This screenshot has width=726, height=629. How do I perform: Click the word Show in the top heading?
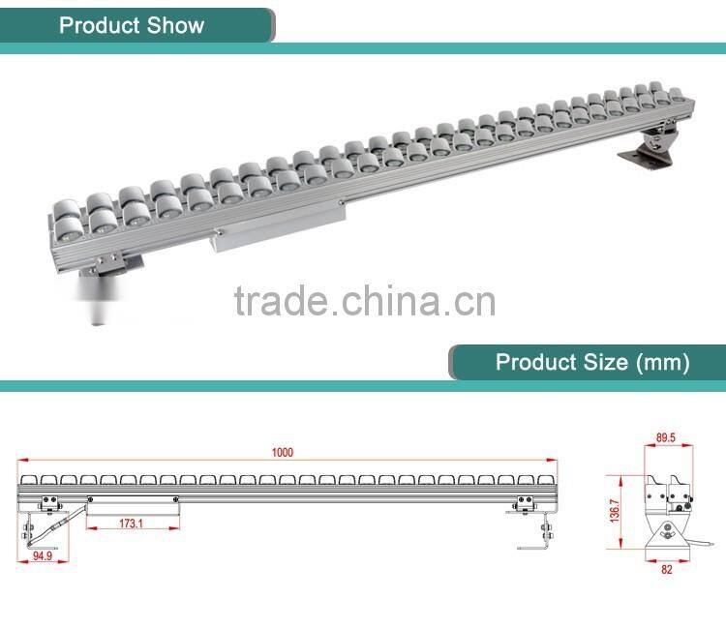pos(177,24)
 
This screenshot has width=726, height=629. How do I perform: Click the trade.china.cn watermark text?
pos(365,300)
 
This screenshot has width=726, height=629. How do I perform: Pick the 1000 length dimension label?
pos(282,452)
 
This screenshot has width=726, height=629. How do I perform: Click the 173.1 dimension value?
pos(132,524)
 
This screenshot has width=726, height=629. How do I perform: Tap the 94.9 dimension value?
pos(41,556)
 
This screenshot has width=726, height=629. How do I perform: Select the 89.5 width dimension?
pos(665,437)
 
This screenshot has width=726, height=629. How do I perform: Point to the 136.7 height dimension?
pos(615,511)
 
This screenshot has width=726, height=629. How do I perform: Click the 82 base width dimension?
pos(666,569)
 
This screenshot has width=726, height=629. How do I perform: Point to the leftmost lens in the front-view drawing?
pos(28,479)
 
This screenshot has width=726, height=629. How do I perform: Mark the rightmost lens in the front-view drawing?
pos(546,479)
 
